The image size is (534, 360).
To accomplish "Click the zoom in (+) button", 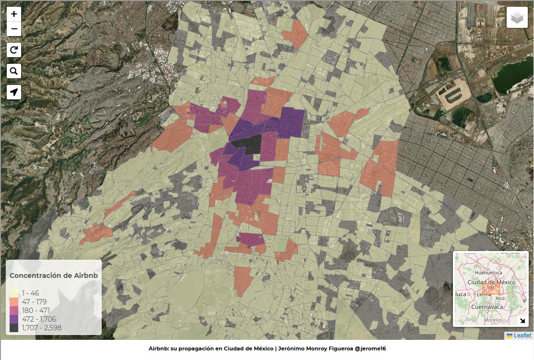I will tap(14, 14).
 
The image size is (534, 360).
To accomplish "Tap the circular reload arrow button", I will tap(14, 50).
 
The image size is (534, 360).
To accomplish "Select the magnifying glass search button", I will tap(14, 71).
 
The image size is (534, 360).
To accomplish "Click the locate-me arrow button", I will tap(14, 92).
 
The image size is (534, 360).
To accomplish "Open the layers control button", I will tap(517, 18).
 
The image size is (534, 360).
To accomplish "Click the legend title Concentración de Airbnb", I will tap(54, 276).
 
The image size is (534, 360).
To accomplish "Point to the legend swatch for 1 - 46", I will tap(14, 293).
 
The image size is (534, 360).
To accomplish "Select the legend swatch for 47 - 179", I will tap(14, 302).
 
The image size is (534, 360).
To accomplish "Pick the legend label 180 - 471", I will tap(36, 311).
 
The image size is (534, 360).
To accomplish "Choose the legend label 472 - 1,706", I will tap(39, 319).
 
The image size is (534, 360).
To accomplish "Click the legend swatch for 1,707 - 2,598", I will tap(14, 328).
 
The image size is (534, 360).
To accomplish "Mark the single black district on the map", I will tap(247, 144).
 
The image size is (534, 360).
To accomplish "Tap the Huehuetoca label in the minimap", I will tap(488, 273).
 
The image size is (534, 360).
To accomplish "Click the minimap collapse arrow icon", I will tap(522, 321).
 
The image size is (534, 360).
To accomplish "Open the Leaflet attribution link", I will tap(522, 336).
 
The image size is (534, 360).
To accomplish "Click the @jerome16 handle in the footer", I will tap(370, 348).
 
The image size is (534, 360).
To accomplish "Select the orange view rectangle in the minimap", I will tap(491, 288).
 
